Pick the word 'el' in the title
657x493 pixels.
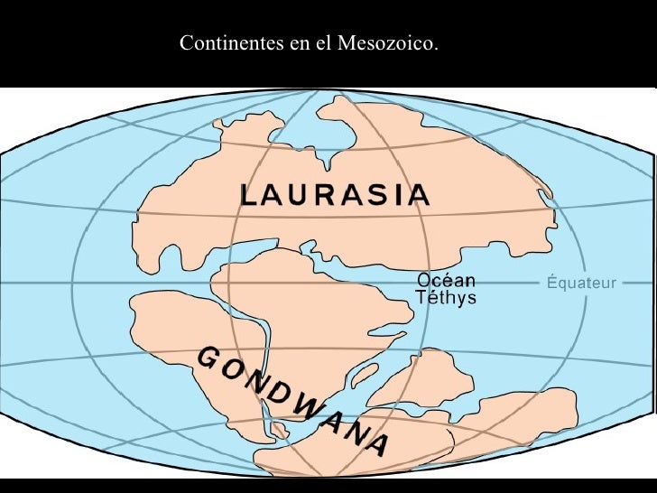tap(323, 43)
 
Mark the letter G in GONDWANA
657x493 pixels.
tap(206, 358)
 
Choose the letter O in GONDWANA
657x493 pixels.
tap(229, 369)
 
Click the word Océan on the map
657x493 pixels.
tap(446, 281)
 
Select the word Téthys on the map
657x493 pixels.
tap(445, 298)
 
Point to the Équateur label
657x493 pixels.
tap(582, 284)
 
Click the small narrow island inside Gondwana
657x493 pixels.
tap(366, 372)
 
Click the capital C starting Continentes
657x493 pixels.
tap(186, 43)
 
